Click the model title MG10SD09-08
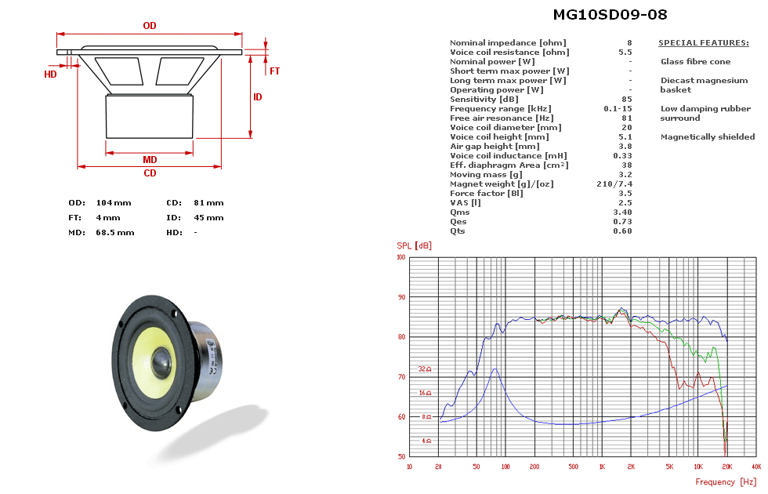click(x=610, y=15)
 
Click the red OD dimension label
click(x=150, y=26)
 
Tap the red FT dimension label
click(x=275, y=71)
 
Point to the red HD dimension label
click(x=50, y=74)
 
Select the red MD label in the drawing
click(x=150, y=160)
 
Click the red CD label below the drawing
click(x=150, y=173)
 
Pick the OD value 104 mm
click(x=114, y=203)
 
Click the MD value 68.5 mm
click(x=115, y=233)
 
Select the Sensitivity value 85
click(x=626, y=100)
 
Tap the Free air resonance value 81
click(x=626, y=118)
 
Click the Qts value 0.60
click(x=622, y=231)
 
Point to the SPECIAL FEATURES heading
click(x=703, y=43)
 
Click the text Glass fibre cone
click(x=695, y=62)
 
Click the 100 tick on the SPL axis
click(x=400, y=257)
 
